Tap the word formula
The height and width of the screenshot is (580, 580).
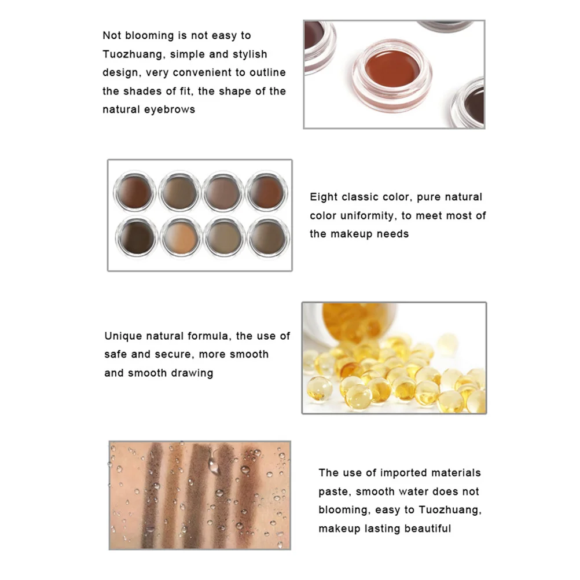210,336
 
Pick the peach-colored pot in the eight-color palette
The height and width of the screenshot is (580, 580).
180,236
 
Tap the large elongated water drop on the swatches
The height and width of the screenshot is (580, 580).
214,462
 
